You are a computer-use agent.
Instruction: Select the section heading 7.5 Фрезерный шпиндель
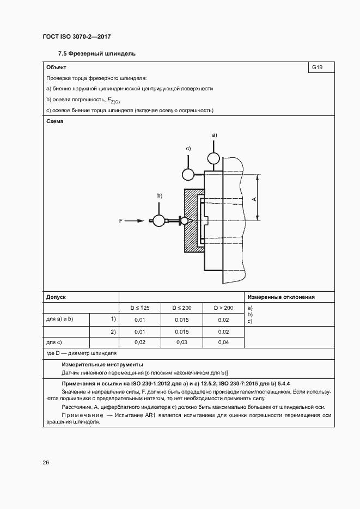(x=96, y=54)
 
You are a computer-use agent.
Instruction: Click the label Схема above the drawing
(x=55, y=121)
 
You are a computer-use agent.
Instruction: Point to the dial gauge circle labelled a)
(x=213, y=158)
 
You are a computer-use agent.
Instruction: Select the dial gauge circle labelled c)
(x=188, y=174)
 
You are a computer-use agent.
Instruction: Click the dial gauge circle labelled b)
(x=159, y=220)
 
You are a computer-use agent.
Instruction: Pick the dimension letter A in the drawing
(x=254, y=200)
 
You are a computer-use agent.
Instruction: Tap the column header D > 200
(x=223, y=308)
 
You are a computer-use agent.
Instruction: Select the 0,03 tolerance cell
(x=181, y=342)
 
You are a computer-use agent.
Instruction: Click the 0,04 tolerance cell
(x=223, y=342)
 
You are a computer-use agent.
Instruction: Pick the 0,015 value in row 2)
(x=181, y=332)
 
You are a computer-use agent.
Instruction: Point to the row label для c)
(x=55, y=342)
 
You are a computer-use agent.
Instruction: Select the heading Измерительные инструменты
(x=102, y=364)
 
